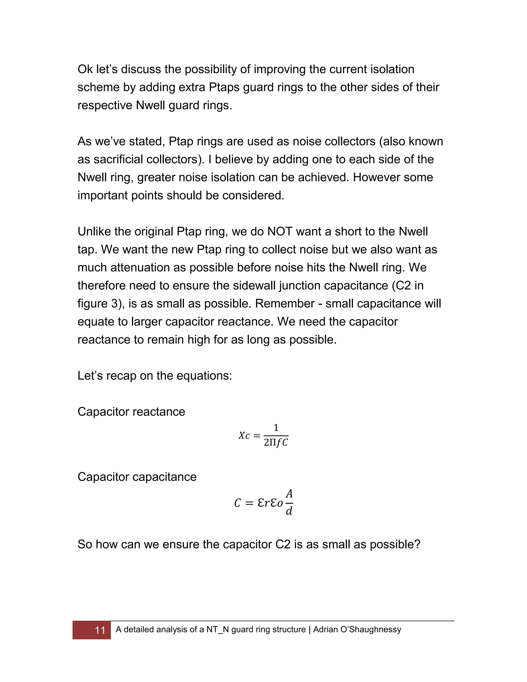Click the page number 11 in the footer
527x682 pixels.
click(100, 630)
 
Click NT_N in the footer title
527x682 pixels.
click(218, 629)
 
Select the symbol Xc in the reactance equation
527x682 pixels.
click(244, 436)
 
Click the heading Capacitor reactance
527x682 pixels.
click(131, 412)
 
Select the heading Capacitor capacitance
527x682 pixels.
click(137, 477)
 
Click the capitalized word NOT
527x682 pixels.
click(279, 231)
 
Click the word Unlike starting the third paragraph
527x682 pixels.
click(94, 231)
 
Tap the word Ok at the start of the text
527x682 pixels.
click(85, 69)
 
